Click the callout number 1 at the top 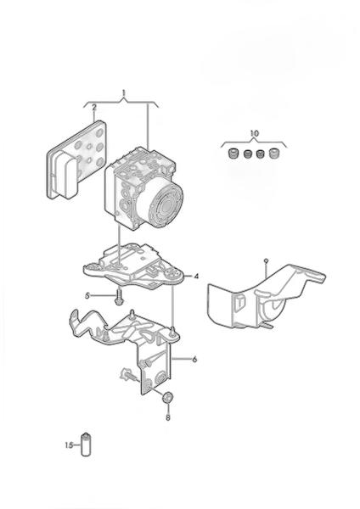coord(123,93)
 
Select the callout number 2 coord(94,108)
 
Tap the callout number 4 coord(196,277)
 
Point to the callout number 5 coord(87,295)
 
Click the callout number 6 coord(194,360)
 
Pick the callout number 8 coord(167,417)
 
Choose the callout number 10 coord(255,133)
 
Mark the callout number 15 coord(69,445)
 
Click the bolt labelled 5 coord(119,296)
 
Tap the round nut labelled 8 coord(167,397)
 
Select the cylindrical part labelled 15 coord(86,444)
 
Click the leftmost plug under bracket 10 coord(233,153)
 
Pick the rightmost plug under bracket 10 coord(273,153)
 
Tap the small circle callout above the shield coord(266,260)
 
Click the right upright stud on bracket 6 coord(172,332)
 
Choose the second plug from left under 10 coord(248,154)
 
